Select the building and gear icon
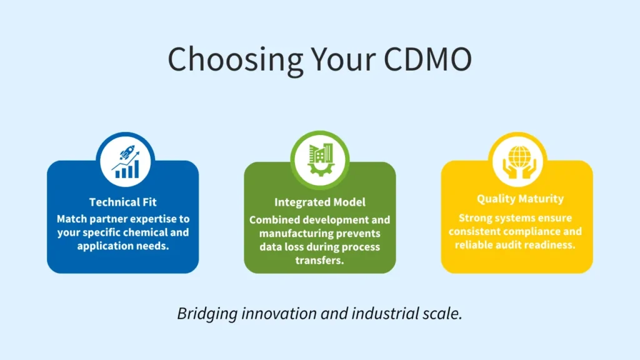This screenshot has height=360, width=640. point(319,159)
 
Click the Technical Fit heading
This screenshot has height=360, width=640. point(123,202)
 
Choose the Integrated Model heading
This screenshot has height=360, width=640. point(319,202)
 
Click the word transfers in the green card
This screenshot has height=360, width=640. point(319,260)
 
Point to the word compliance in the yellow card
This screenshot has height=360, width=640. point(527,231)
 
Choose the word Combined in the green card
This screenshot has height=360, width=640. point(273,219)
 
